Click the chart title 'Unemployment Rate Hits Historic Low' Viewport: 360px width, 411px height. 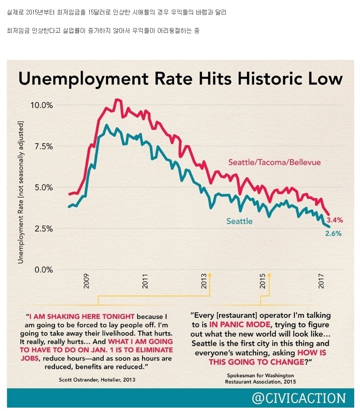[180, 79]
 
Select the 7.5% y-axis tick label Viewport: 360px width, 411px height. [42, 146]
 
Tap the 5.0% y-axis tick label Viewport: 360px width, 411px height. [42, 187]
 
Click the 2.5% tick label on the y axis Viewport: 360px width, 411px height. [42, 228]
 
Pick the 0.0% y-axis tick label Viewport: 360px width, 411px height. [42, 269]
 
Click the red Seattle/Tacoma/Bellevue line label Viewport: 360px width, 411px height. [274, 162]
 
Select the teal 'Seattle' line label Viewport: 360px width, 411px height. [240, 221]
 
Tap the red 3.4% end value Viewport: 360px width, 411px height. [334, 220]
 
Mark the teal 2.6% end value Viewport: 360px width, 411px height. [333, 233]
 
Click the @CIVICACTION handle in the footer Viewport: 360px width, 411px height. [299, 398]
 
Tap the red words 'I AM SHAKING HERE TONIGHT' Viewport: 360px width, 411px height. [82, 316]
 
